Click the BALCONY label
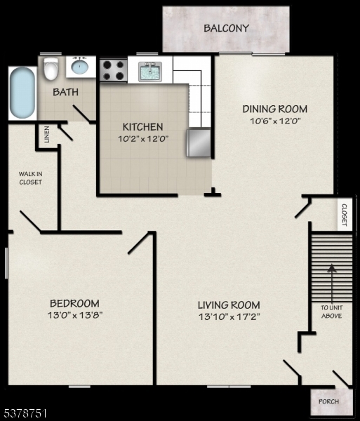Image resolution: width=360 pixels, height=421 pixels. click(226, 29)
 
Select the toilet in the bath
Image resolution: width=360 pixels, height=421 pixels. click(51, 69)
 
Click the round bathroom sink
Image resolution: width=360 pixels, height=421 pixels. click(80, 68)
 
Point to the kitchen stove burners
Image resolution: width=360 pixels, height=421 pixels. click(113, 69)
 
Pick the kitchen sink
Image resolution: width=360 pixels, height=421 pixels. click(151, 71)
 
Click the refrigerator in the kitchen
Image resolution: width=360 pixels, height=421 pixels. click(199, 142)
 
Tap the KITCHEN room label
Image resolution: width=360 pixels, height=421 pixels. click(142, 127)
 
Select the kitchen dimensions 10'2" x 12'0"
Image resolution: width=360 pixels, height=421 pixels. click(142, 138)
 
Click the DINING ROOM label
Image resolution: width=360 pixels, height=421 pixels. click(274, 109)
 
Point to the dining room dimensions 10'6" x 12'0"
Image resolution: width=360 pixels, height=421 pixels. click(274, 120)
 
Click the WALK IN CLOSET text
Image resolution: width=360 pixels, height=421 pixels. click(30, 178)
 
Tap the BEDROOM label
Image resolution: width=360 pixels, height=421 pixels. click(74, 303)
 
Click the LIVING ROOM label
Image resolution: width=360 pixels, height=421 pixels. click(228, 305)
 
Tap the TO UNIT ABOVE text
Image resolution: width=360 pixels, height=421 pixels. click(331, 312)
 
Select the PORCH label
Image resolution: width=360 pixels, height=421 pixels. click(328, 401)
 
